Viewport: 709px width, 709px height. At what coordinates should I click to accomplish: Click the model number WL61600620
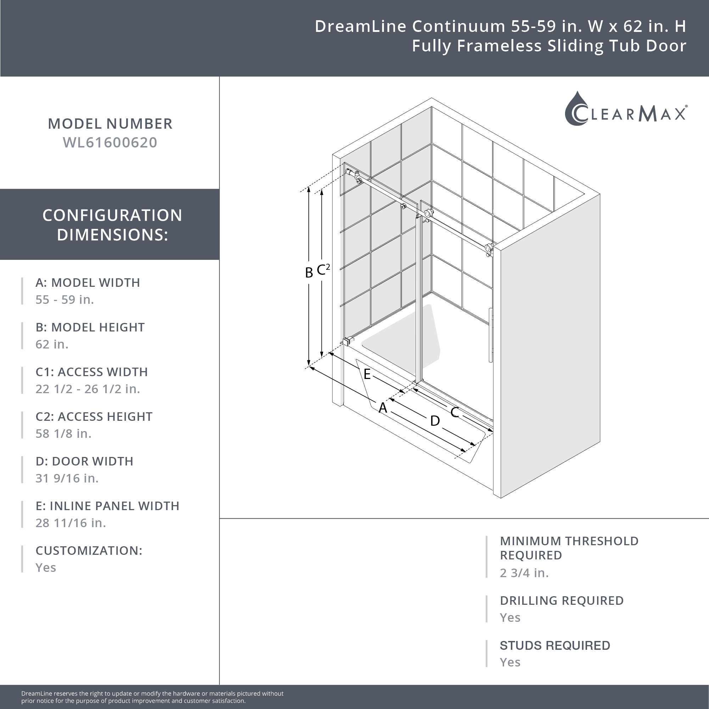coord(110,143)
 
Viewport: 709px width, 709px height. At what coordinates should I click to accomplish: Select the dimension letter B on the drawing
coord(309,272)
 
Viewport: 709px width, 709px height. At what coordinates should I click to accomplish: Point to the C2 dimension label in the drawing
coord(323,269)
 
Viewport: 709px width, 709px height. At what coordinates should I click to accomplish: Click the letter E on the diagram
coord(367,374)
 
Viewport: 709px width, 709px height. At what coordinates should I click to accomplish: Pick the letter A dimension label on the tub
coord(383,407)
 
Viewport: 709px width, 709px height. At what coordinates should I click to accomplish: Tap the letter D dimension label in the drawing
coord(435,420)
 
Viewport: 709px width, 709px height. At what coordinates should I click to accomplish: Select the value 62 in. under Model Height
coord(52,344)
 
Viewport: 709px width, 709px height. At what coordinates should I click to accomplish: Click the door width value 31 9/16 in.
coord(67,478)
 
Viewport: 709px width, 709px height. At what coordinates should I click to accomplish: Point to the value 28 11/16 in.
coord(71,523)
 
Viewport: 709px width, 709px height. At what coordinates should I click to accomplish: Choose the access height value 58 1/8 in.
coord(63,434)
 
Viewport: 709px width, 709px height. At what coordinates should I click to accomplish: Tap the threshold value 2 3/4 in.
coord(524,573)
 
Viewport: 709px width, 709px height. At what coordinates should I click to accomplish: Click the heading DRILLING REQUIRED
coord(562,601)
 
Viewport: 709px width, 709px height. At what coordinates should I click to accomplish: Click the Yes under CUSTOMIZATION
coord(45,567)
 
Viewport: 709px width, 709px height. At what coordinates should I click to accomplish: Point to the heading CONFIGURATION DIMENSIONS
coord(112,225)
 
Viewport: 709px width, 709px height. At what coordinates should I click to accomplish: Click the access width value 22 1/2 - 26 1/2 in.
coord(88,389)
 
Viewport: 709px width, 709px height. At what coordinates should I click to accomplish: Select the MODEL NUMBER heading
coord(110,124)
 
